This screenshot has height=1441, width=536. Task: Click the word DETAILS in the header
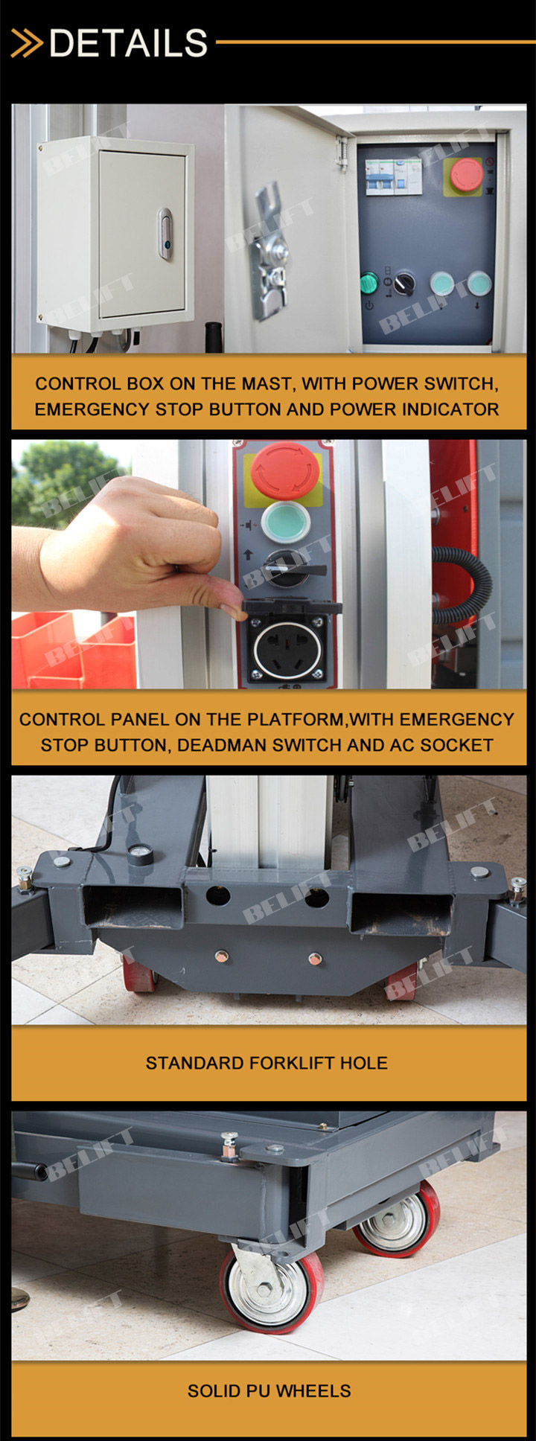(x=128, y=43)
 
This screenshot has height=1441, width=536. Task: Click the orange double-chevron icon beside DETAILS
(x=27, y=43)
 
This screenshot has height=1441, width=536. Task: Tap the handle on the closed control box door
(x=165, y=234)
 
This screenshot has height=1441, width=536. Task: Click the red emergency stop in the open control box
(x=466, y=174)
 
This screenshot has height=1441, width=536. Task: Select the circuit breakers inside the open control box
(x=393, y=177)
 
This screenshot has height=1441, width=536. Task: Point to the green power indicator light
(x=369, y=284)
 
